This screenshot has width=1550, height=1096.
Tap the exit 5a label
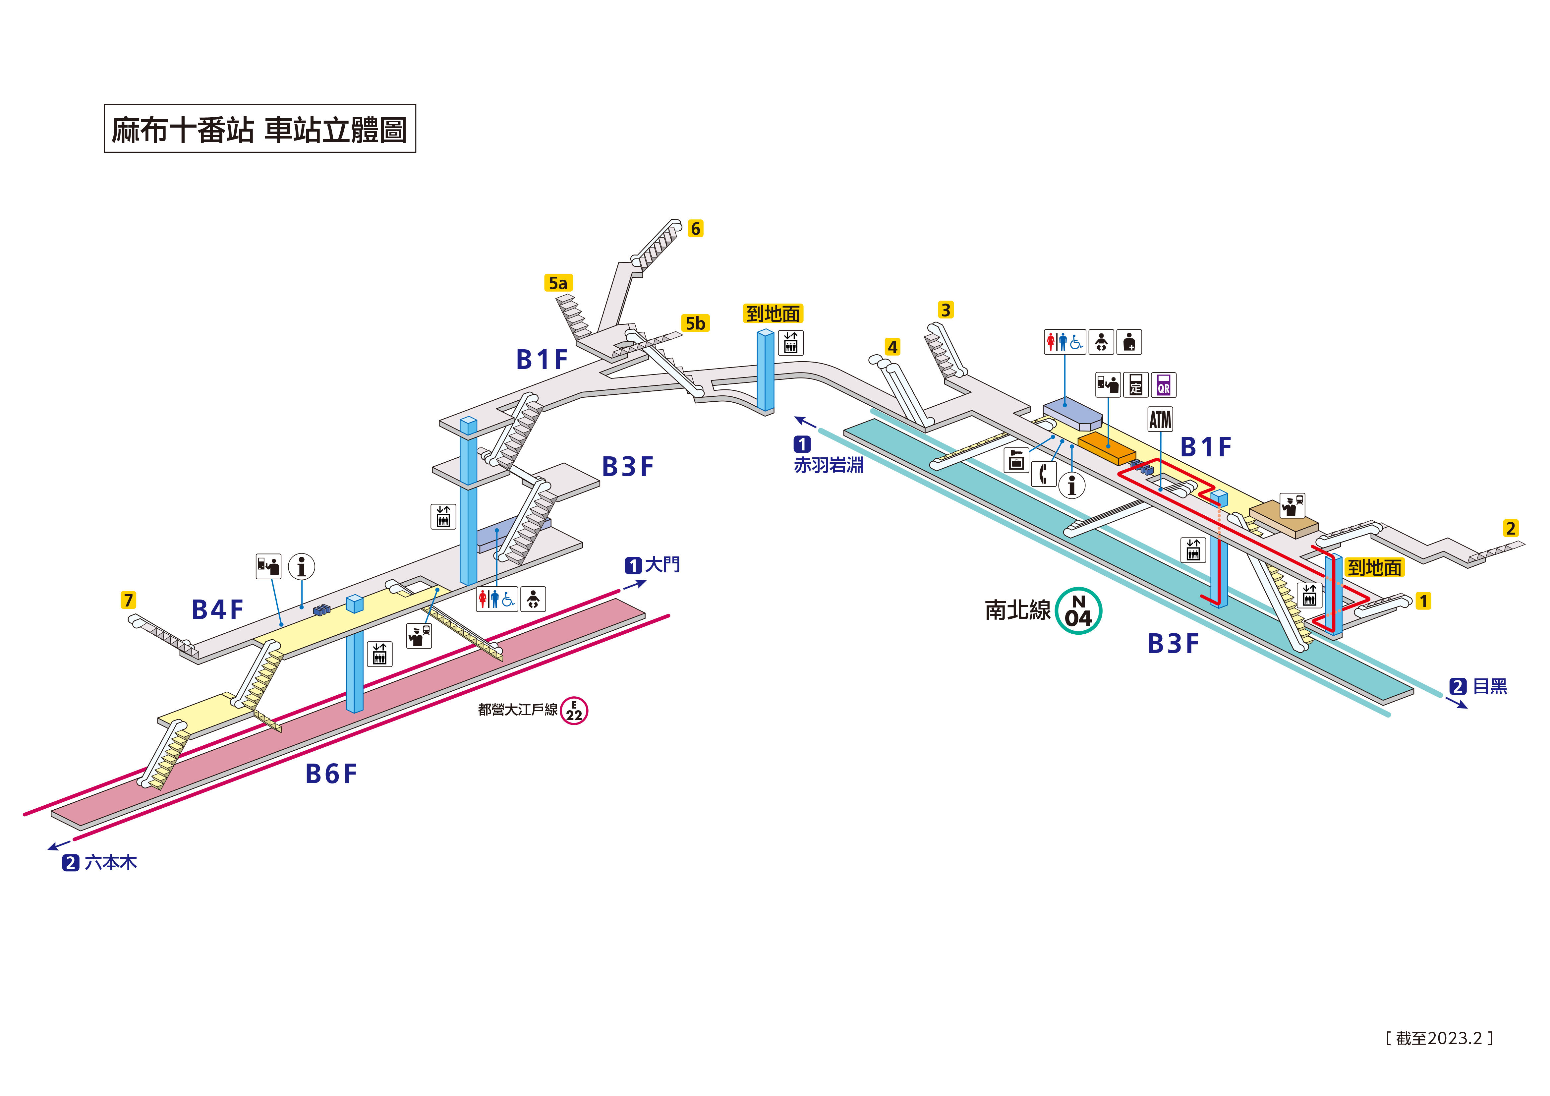click(x=558, y=283)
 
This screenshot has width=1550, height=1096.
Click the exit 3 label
click(x=945, y=310)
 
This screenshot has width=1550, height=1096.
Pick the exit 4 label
click(x=892, y=347)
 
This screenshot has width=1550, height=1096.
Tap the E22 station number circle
click(x=574, y=711)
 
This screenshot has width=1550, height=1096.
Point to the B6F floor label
click(x=331, y=774)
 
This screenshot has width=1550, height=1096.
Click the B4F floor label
click(x=217, y=610)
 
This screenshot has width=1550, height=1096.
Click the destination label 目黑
click(x=1490, y=687)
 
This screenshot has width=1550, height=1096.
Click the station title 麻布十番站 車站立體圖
click(x=260, y=129)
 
